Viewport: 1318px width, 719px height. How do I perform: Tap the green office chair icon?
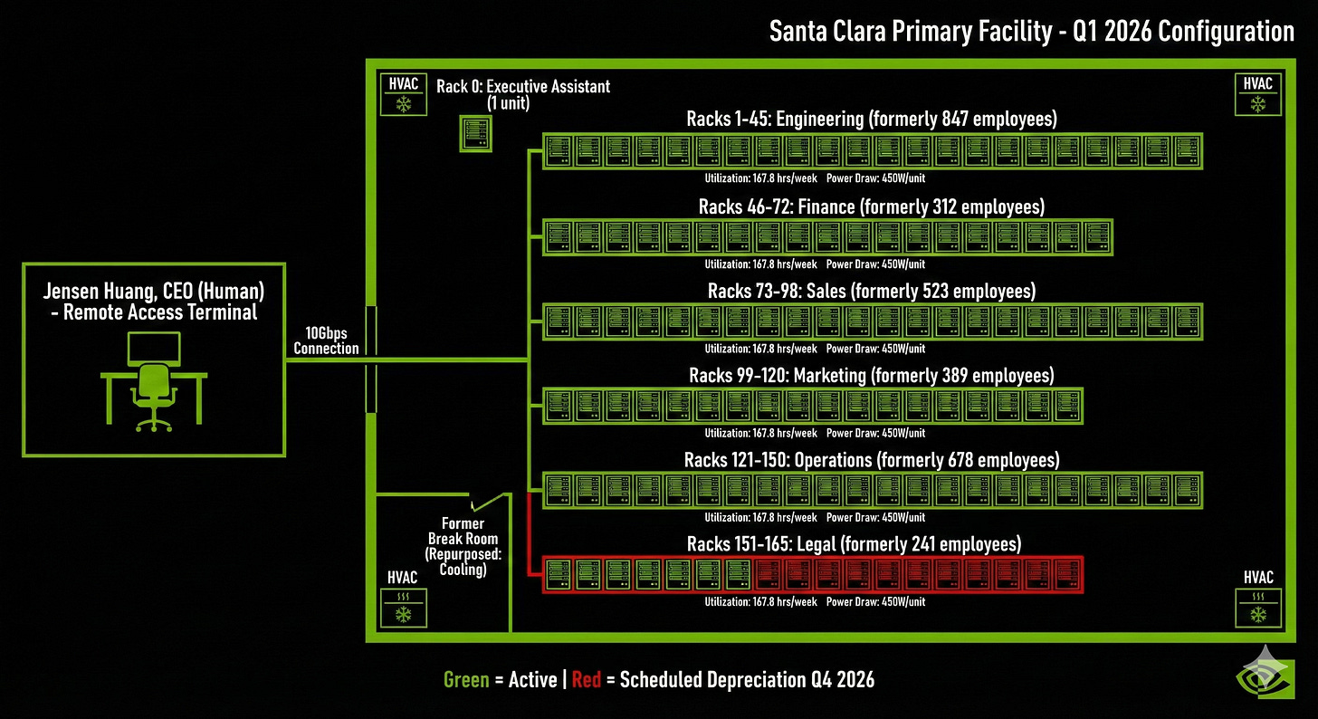(x=151, y=395)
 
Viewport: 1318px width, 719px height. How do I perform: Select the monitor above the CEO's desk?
(x=153, y=349)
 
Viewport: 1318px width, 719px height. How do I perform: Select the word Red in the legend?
(x=587, y=679)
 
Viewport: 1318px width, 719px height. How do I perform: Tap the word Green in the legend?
(x=466, y=679)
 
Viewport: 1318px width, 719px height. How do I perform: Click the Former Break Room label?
(x=462, y=532)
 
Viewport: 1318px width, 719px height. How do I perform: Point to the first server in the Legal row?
(x=559, y=574)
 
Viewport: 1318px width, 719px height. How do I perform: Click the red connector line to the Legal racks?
(x=527, y=534)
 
